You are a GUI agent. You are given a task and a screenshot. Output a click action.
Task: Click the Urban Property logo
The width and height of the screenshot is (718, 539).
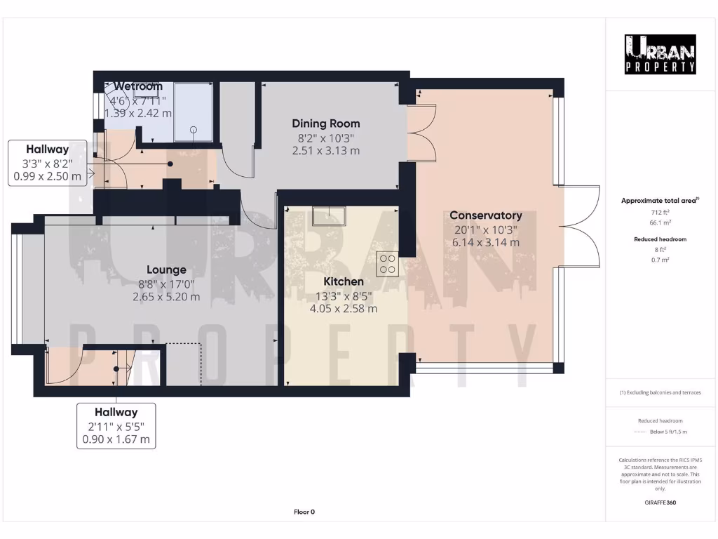tap(661, 54)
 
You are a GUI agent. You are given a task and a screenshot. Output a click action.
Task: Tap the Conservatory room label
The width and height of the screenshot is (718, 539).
tap(485, 215)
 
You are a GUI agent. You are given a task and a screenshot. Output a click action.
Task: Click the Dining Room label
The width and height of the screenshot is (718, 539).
tap(325, 124)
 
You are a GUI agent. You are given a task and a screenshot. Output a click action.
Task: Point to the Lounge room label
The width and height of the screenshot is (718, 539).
tap(166, 269)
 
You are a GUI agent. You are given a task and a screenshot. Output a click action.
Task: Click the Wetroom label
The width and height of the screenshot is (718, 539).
tap(138, 86)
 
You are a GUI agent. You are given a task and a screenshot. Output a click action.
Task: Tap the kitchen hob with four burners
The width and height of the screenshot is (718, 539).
tap(386, 263)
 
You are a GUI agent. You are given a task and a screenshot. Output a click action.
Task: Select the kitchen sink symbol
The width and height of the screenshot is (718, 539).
tap(327, 214)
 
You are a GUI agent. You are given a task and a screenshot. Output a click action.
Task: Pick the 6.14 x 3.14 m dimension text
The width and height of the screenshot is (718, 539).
tap(485, 242)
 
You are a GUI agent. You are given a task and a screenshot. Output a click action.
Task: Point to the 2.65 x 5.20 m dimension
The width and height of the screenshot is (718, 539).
tap(166, 296)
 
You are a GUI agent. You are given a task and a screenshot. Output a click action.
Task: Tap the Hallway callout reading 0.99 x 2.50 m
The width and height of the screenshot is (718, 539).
tap(48, 163)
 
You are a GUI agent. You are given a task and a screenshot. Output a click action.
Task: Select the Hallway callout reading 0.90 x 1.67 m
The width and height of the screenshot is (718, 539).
tap(116, 426)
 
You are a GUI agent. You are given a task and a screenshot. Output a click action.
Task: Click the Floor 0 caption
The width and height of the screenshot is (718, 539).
tap(304, 512)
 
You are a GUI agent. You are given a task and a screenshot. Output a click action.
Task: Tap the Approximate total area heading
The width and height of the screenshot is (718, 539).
tap(660, 201)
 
